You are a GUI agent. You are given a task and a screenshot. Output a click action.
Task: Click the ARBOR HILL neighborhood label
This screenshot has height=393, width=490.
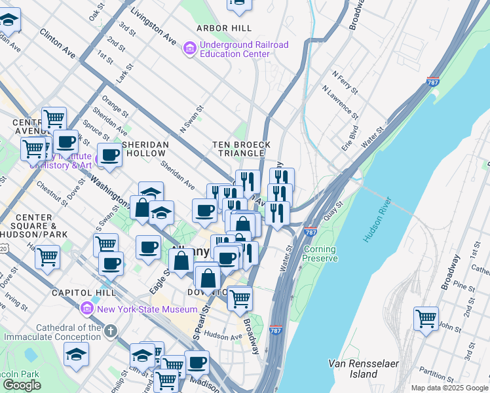click(223, 28)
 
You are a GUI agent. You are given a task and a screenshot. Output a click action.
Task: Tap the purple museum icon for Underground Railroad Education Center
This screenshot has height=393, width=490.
click(189, 48)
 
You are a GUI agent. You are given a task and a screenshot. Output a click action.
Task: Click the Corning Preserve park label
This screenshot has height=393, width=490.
click(320, 253)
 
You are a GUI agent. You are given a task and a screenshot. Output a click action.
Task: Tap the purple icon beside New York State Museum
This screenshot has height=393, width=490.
click(86, 308)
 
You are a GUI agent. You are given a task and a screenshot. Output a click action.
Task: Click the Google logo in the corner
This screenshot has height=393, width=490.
click(22, 385)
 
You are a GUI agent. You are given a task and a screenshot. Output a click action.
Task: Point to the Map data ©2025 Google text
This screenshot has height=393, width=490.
click(449, 388)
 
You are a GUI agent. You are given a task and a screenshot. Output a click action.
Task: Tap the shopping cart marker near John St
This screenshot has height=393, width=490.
click(426, 319)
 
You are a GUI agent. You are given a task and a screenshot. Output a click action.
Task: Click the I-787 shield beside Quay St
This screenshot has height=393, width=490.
click(311, 233)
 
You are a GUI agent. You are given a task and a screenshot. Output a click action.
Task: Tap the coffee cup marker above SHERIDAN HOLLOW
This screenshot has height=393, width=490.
click(111, 155)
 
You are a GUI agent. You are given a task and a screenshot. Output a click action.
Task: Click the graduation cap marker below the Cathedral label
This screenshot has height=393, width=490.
click(76, 354)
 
